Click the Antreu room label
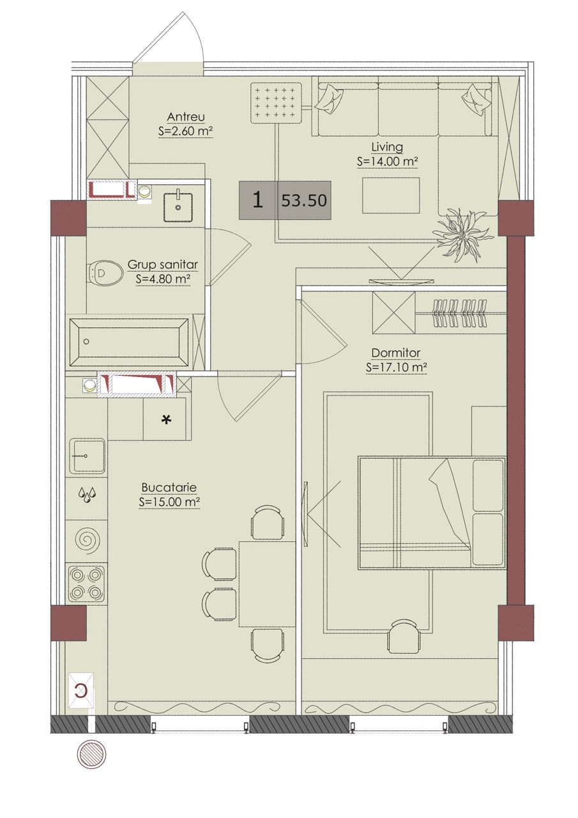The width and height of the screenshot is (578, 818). (x=186, y=117)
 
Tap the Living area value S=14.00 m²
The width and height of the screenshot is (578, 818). (x=387, y=162)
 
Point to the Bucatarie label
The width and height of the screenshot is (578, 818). (x=169, y=488)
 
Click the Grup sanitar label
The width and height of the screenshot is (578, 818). (x=163, y=265)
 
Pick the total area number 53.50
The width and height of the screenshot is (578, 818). (x=304, y=201)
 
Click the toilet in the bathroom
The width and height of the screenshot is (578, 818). (x=105, y=273)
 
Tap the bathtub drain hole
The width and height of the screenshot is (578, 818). (x=86, y=342)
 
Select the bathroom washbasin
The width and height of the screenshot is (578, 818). (x=178, y=206)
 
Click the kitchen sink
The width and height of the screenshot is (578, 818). (x=87, y=456)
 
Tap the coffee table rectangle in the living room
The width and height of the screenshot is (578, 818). (x=391, y=196)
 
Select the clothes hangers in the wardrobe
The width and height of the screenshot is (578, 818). (x=460, y=313)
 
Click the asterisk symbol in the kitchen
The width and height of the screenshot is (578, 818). (x=167, y=421)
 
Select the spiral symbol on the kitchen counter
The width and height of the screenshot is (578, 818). (x=86, y=539)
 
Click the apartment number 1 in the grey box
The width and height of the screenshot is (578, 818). (x=257, y=200)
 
